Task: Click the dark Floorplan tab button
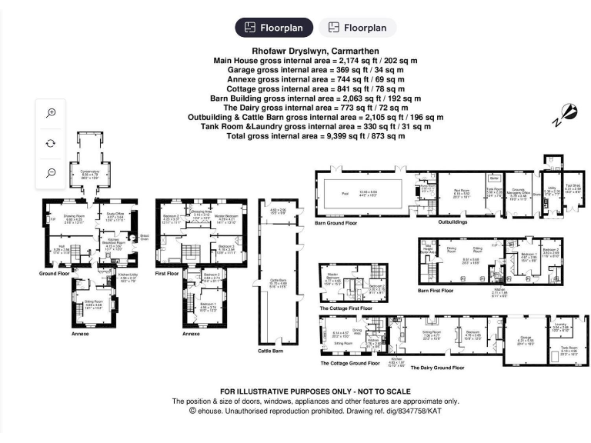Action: [275, 28]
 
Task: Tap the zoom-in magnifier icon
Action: [51, 113]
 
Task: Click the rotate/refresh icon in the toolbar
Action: [51, 143]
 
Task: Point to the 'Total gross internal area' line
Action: [316, 136]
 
